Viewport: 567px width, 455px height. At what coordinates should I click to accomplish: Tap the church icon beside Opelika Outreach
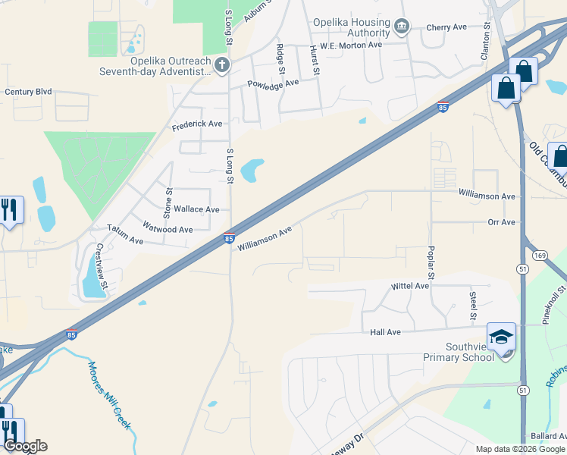coord(221,64)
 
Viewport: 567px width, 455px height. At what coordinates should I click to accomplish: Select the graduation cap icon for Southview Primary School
coord(501,336)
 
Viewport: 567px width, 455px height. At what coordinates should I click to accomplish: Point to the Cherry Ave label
coord(446,27)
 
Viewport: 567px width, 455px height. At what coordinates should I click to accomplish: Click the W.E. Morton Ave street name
coord(351,45)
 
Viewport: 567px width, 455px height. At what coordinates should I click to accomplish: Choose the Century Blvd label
coord(28,92)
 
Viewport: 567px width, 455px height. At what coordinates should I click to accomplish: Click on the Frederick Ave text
coord(197,124)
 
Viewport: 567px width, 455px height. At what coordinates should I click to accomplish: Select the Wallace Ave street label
coord(196,209)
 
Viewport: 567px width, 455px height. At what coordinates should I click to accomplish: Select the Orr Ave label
coord(502,222)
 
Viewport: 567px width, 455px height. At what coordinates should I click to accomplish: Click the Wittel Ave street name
coord(410,286)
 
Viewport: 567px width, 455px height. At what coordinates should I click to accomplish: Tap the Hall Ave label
coord(385,332)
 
